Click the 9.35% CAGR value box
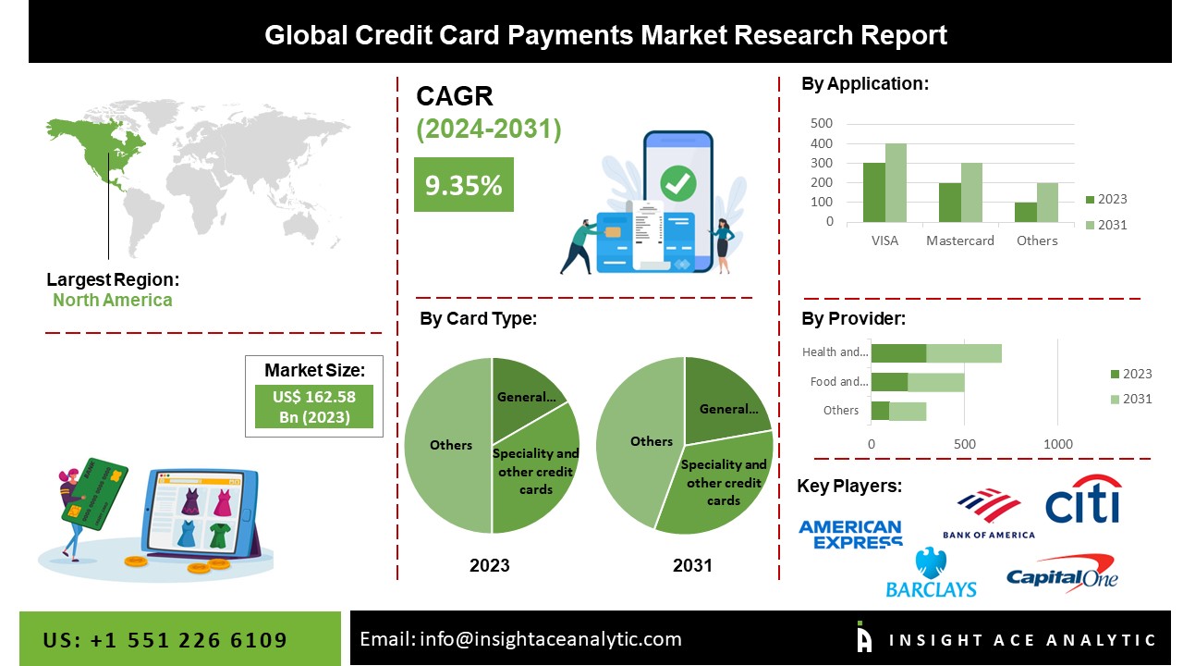point(464,184)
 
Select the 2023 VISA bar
point(874,192)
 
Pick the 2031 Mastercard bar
point(971,192)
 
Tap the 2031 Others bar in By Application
point(1047,203)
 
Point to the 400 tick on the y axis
point(822,143)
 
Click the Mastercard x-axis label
point(960,240)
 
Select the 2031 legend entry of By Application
point(1106,225)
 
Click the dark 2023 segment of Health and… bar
point(899,353)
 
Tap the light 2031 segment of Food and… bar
point(936,382)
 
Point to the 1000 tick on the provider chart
point(1058,444)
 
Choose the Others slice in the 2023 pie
point(448,445)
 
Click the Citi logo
point(1082,499)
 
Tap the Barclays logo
point(931,573)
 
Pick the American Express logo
point(851,535)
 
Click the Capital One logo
point(1062,574)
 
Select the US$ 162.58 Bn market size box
point(314,406)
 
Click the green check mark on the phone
point(678,183)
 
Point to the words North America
point(113,301)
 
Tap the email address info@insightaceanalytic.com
point(550,639)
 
